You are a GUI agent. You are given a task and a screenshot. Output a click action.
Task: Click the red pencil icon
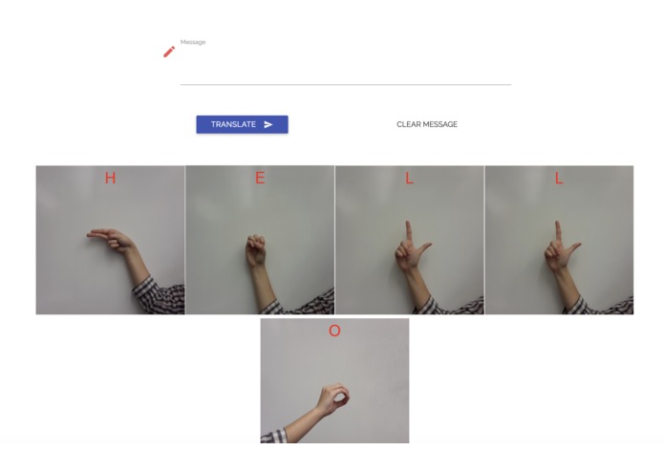tap(169, 52)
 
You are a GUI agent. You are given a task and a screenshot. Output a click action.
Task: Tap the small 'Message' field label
tap(193, 42)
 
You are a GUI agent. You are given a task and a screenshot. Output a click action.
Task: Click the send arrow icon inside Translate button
tap(268, 124)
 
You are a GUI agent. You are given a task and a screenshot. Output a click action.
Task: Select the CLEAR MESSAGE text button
tap(427, 124)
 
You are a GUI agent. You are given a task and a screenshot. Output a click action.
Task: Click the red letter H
tap(111, 179)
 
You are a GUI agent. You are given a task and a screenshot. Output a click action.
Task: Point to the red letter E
tap(260, 179)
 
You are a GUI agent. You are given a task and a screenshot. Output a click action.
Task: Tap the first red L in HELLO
tap(410, 179)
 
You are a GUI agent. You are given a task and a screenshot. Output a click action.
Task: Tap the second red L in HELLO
tap(559, 179)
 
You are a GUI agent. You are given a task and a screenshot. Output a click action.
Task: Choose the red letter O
tap(334, 332)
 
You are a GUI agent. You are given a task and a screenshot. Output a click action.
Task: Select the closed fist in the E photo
tap(256, 250)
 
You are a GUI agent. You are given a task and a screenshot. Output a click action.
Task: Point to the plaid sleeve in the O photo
tap(274, 436)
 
